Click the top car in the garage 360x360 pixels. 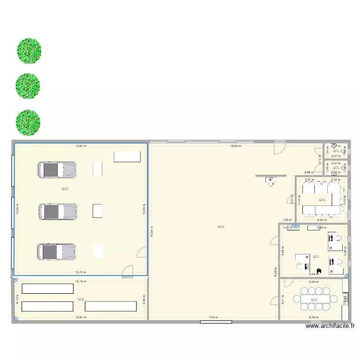point(57,169)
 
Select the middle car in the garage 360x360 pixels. point(57,211)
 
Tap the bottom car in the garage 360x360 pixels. point(57,252)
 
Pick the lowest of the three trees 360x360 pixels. point(28,122)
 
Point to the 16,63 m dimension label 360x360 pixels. point(236,145)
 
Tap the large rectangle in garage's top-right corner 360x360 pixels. point(127,157)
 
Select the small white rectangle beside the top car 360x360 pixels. point(97,168)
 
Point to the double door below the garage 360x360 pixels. point(127,273)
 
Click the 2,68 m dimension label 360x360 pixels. point(309,171)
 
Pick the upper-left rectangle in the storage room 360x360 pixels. point(48,288)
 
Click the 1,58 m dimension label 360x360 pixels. point(287,219)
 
